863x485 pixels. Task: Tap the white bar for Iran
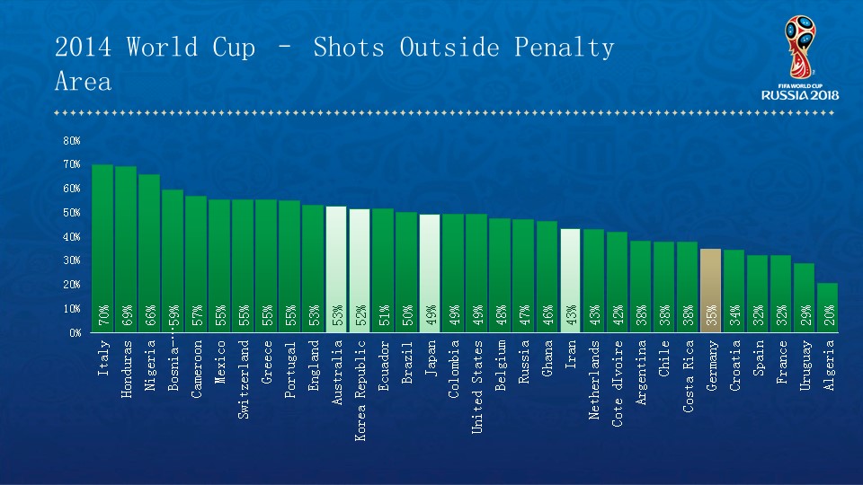[x=570, y=278]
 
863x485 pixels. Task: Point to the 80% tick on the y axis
[x=72, y=141]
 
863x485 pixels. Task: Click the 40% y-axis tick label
[x=72, y=237]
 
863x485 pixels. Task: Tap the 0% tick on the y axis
[x=74, y=332]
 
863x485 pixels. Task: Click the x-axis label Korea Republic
[x=360, y=376]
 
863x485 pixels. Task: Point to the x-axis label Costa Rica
[x=688, y=375]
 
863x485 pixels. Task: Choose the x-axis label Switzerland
[x=243, y=377]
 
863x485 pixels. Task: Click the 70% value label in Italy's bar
[x=103, y=317]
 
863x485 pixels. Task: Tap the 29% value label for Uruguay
[x=805, y=317]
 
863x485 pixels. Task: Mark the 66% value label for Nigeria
[x=150, y=317]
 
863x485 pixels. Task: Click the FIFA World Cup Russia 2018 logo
[x=799, y=58]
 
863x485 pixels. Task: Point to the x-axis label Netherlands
[x=593, y=380]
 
